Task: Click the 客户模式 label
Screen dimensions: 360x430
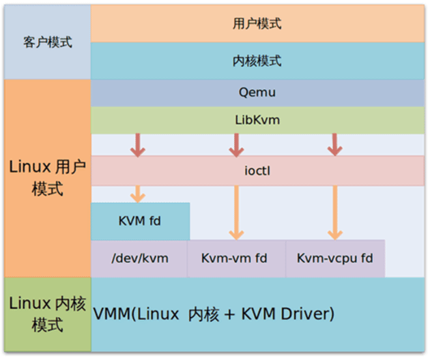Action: [47, 42]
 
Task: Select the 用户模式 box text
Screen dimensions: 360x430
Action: [257, 24]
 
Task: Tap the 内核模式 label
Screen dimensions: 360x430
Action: [257, 61]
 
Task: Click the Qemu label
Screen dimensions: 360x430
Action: [257, 92]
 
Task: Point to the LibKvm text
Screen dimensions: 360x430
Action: [257, 120]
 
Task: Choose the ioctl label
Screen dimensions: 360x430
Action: [257, 170]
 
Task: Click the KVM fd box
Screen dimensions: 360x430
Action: [140, 221]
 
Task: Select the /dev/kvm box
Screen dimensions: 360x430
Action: [139, 258]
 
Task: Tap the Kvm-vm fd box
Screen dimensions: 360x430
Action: [235, 258]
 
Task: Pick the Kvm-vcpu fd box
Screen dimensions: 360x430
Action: [335, 258]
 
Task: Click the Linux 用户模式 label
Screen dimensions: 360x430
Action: [47, 178]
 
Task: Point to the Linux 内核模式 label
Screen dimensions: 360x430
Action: [47, 314]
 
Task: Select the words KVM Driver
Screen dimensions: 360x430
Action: [291, 314]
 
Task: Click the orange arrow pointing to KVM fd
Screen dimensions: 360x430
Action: [139, 194]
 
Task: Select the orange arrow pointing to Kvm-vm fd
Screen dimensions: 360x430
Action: [236, 212]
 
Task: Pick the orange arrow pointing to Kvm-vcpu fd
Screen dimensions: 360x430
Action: [334, 212]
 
